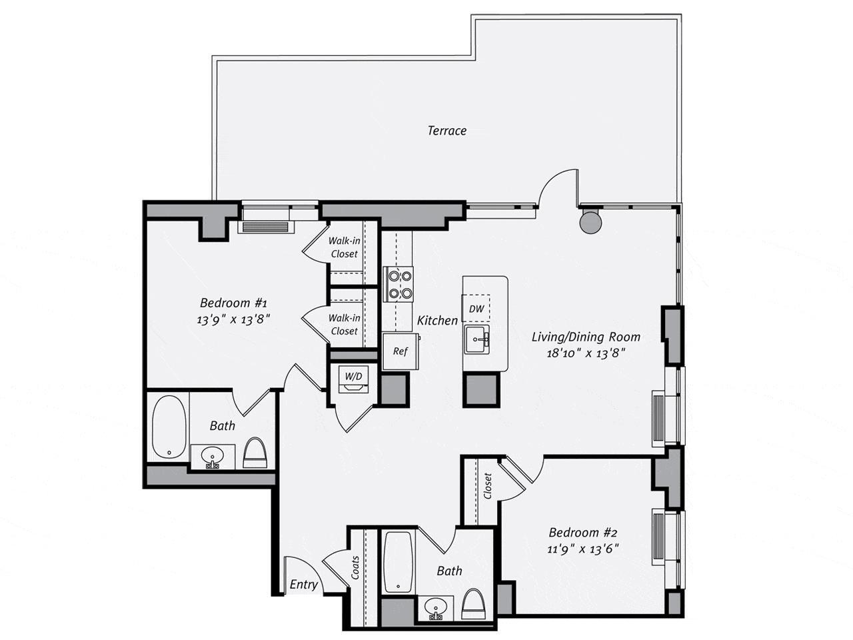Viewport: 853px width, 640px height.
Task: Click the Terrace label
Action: [x=446, y=131]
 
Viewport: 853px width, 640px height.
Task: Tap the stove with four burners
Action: [x=398, y=283]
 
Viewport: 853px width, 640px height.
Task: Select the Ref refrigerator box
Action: [x=400, y=351]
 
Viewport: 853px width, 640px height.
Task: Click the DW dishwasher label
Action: [x=476, y=309]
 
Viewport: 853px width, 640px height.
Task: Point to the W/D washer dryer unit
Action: [x=353, y=381]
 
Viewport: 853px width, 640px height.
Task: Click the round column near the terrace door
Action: [x=590, y=221]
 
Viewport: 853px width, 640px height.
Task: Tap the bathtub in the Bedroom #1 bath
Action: [x=168, y=427]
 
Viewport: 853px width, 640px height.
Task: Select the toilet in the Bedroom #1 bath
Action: [x=255, y=453]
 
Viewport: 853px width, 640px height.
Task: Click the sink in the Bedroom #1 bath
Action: [x=213, y=457]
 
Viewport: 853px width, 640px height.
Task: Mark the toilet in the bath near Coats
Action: [x=473, y=605]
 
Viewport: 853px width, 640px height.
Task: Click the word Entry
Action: [x=303, y=585]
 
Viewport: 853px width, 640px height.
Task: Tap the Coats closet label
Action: [x=356, y=567]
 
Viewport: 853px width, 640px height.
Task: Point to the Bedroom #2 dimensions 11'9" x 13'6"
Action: [x=584, y=549]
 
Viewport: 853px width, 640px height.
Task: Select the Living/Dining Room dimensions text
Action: [x=586, y=353]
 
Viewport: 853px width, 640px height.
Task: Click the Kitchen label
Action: [x=437, y=321]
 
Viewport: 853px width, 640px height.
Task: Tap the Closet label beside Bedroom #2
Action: [x=488, y=486]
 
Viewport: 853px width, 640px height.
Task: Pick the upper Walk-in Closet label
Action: [x=344, y=248]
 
